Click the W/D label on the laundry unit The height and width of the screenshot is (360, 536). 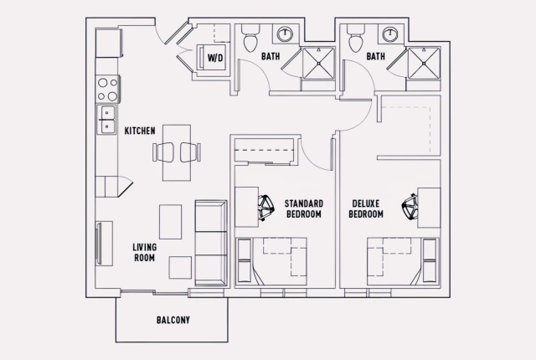click(215, 58)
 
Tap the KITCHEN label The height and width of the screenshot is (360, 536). click(139, 131)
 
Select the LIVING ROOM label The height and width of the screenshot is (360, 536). click(146, 252)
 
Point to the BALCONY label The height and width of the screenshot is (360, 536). click(173, 320)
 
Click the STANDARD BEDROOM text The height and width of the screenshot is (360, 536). click(303, 209)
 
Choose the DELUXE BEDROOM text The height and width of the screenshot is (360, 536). click(366, 209)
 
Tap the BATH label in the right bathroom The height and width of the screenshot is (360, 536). click(375, 58)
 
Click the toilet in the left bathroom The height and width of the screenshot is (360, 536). click(250, 37)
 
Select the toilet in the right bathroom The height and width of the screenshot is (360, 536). click(354, 37)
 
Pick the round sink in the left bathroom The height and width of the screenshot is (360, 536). click(286, 34)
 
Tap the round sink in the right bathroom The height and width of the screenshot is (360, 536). click(390, 34)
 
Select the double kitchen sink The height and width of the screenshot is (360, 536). click(108, 119)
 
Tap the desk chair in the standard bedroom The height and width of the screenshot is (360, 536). click(266, 207)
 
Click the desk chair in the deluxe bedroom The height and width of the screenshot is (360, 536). click(411, 207)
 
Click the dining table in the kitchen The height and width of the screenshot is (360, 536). click(176, 152)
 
